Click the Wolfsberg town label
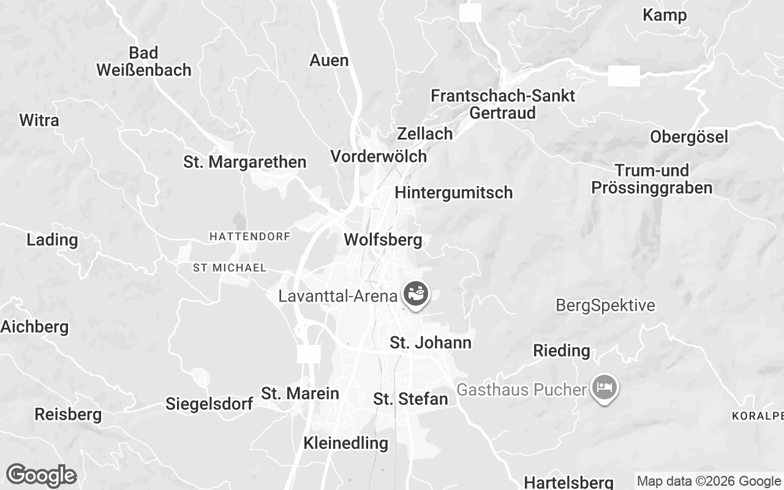383,239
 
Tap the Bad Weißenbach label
144,61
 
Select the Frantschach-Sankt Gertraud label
502,104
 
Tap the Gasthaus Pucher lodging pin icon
605,388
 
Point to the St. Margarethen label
244,162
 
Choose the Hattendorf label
249,236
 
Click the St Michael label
229,268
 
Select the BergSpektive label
605,305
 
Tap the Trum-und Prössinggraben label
652,179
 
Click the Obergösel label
689,137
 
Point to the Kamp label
665,15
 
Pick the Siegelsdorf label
209,404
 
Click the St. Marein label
300,393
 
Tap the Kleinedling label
345,443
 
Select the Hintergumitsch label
453,192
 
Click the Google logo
41,475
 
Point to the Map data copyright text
709,481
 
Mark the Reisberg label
68,415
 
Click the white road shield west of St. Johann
309,353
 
